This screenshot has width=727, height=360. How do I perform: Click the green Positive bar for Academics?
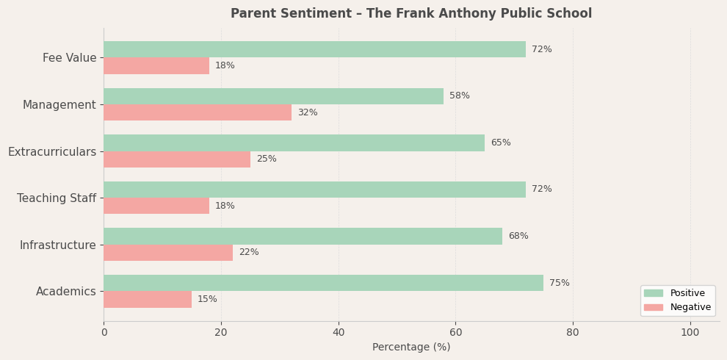pyautogui.click(x=323, y=283)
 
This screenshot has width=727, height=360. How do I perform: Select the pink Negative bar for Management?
pyautogui.click(x=198, y=112)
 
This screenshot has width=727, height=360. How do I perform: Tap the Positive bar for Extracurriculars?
pyautogui.click(x=294, y=143)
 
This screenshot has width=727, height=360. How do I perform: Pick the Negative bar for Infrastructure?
pyautogui.click(x=168, y=253)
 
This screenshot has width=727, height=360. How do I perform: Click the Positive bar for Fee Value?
pyautogui.click(x=314, y=49)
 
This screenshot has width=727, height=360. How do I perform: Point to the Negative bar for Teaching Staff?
pyautogui.click(x=156, y=206)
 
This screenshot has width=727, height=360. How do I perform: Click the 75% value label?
pyautogui.click(x=559, y=283)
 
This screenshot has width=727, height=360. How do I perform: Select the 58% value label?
pyautogui.click(x=459, y=96)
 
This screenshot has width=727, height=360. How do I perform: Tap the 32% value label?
pyautogui.click(x=307, y=112)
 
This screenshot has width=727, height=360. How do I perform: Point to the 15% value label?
pyautogui.click(x=207, y=299)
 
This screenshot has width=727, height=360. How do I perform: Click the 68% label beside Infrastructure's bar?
pyautogui.click(x=518, y=236)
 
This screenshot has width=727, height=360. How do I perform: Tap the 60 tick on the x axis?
pyautogui.click(x=455, y=333)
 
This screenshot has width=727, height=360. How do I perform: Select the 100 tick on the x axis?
pyautogui.click(x=690, y=333)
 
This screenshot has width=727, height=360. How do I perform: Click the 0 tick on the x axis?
pyautogui.click(x=104, y=333)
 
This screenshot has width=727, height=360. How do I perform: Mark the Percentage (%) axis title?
pyautogui.click(x=411, y=348)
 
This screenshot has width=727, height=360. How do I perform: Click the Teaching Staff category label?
pyautogui.click(x=57, y=198)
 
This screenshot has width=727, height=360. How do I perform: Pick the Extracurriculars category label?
pyautogui.click(x=52, y=152)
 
